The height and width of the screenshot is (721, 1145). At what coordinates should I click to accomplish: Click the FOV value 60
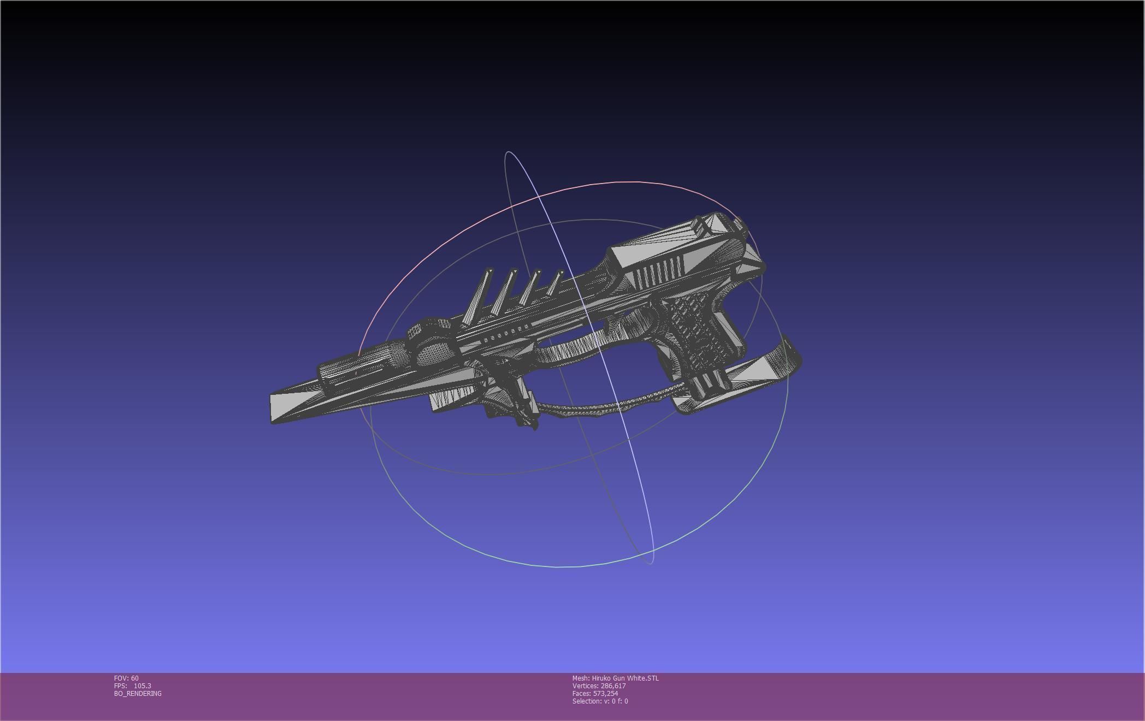point(134,678)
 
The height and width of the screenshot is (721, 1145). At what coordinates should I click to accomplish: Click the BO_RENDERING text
point(138,693)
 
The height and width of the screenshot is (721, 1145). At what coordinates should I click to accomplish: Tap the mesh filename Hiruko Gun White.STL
point(625,678)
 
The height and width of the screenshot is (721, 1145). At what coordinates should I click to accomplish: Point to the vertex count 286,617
point(613,685)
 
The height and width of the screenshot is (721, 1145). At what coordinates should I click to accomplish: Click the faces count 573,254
point(605,693)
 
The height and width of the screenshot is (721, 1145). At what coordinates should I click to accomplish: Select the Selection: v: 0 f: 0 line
point(600,701)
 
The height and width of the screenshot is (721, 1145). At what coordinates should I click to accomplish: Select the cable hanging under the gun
point(601,407)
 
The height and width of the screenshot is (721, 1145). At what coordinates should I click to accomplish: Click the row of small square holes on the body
point(505,334)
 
